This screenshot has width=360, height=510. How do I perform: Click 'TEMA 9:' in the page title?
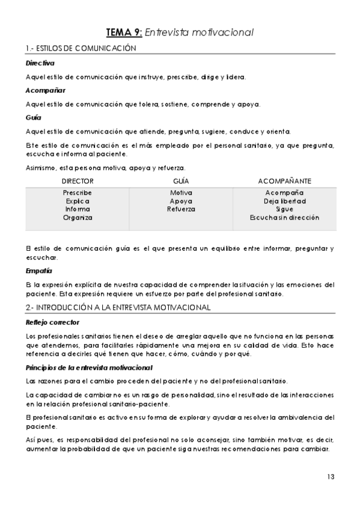(123, 32)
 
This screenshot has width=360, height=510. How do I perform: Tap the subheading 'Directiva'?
(40, 63)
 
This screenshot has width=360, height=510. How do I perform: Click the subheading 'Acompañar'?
(41, 90)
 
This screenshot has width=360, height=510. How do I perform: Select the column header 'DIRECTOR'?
(78, 181)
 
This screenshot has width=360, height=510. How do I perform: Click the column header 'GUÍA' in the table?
(181, 181)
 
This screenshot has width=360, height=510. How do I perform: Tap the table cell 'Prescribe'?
(78, 192)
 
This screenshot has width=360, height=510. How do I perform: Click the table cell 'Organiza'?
(78, 218)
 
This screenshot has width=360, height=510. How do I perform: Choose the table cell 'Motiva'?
(181, 192)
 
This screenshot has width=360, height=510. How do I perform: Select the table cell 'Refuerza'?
(181, 209)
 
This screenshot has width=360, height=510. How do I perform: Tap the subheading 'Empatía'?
(38, 271)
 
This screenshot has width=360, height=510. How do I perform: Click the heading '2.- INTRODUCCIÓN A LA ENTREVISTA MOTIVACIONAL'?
(118, 307)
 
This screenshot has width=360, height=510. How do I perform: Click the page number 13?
(331, 477)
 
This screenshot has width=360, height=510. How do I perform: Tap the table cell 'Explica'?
(78, 201)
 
